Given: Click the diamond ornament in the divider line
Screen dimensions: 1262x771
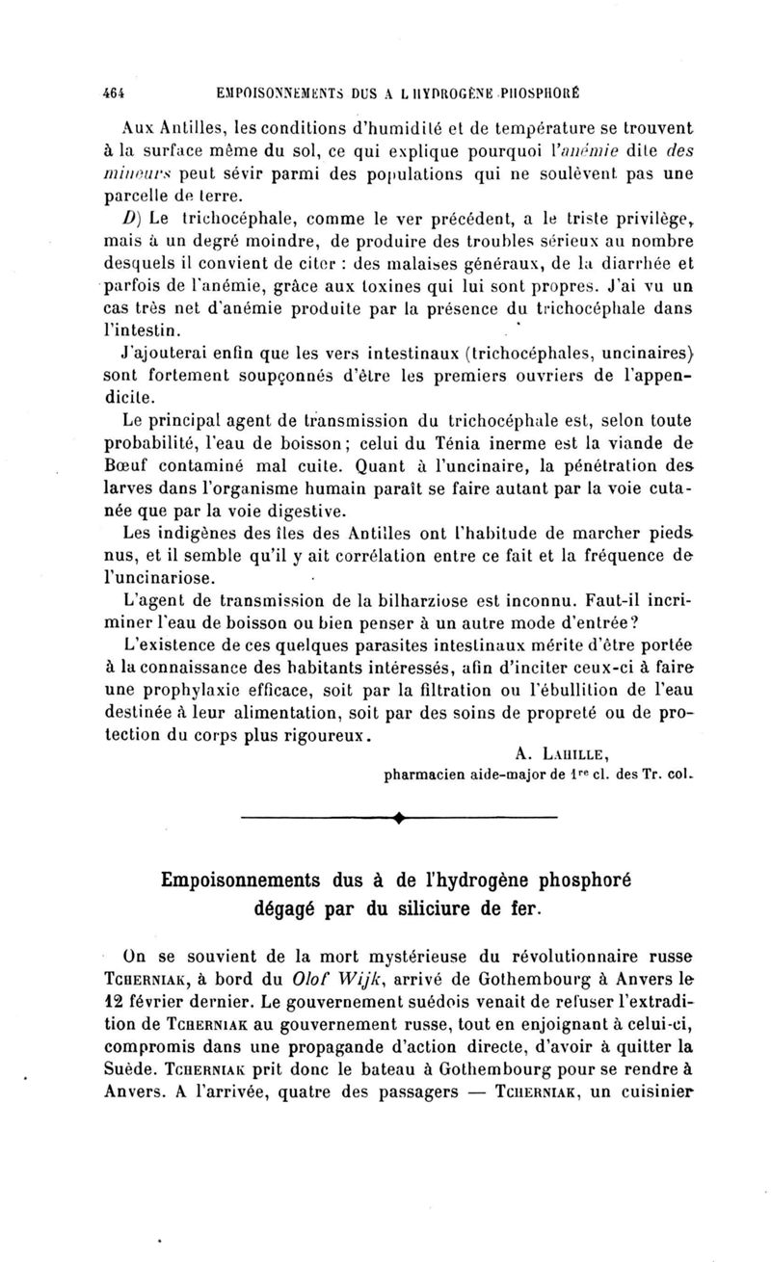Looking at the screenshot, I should (x=398, y=822).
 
